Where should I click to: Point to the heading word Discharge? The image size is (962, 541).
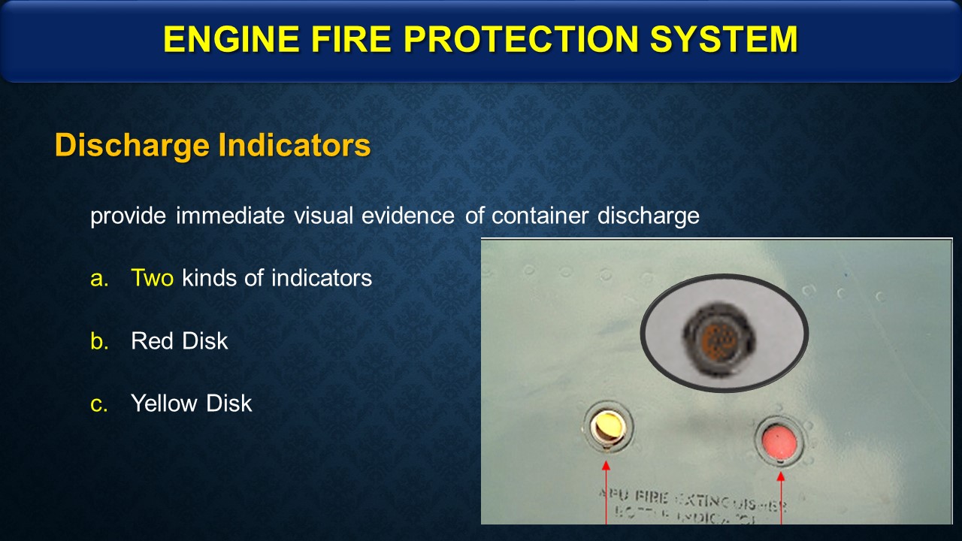click(132, 146)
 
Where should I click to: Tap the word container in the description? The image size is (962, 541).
click(541, 216)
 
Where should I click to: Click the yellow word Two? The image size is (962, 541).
click(153, 278)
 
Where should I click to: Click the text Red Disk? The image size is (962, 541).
click(179, 341)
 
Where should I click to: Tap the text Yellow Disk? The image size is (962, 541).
click(191, 403)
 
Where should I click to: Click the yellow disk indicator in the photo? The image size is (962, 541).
click(607, 427)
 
